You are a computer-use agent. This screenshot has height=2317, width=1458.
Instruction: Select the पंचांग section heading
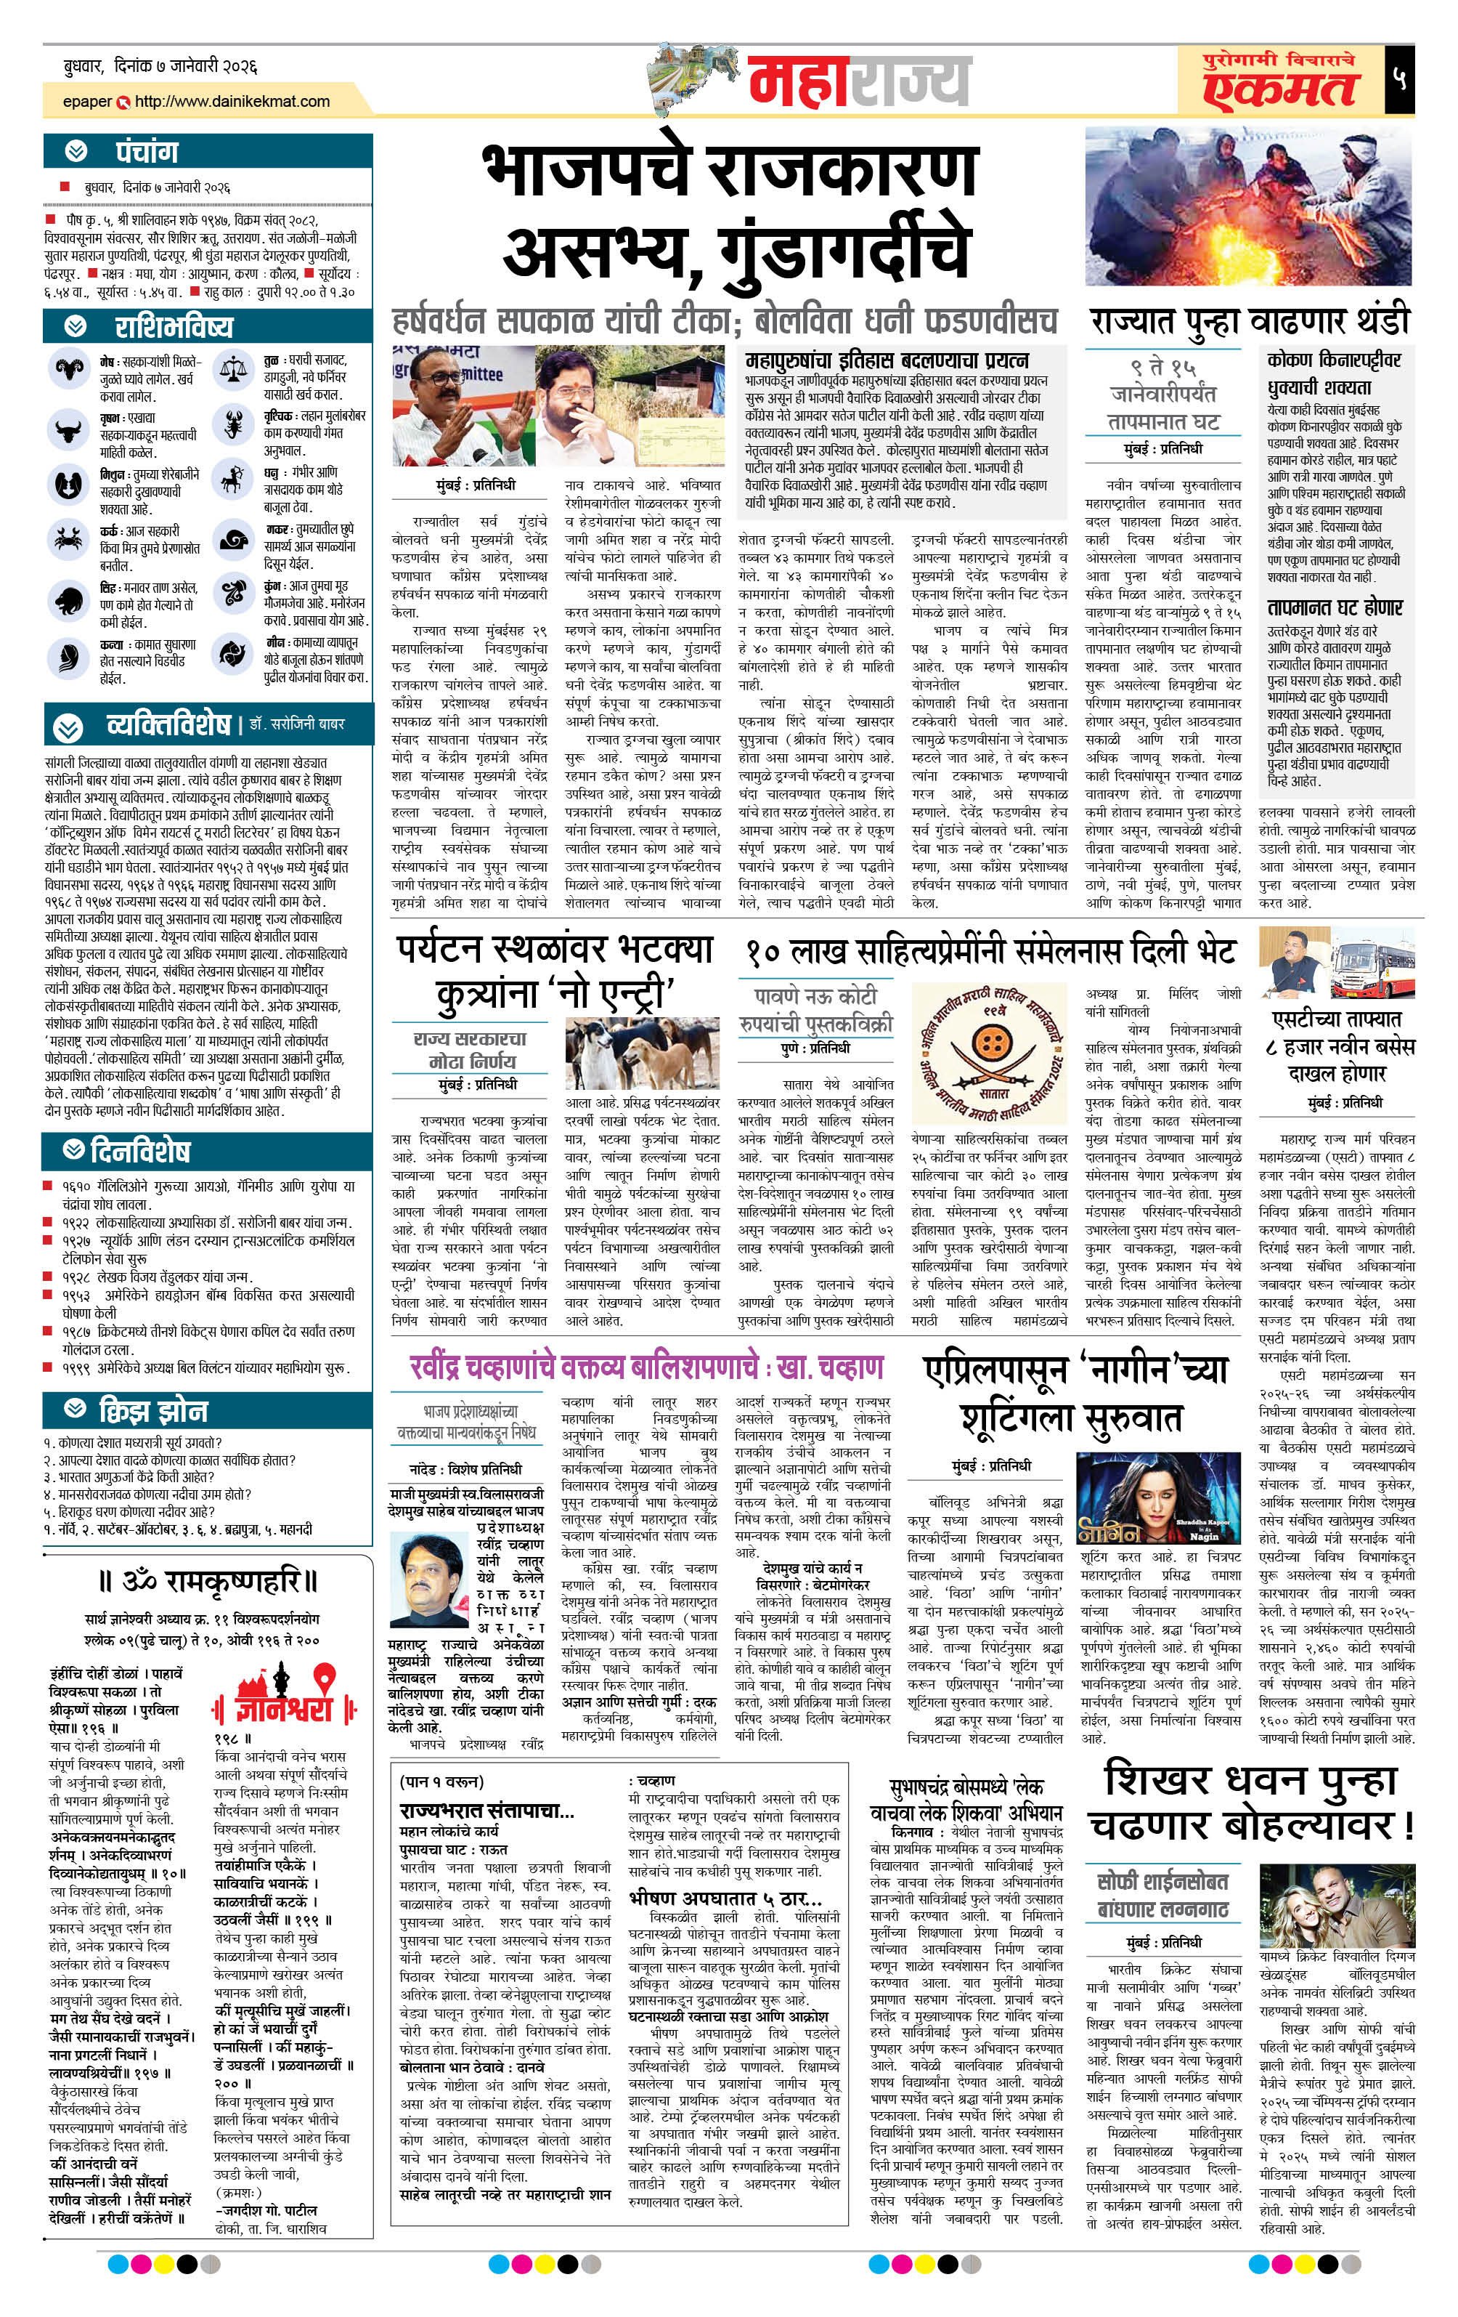tap(146, 151)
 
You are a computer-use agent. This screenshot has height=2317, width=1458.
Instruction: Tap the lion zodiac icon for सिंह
tap(69, 602)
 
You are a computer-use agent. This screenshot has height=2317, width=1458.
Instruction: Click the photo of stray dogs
tap(643, 1056)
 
